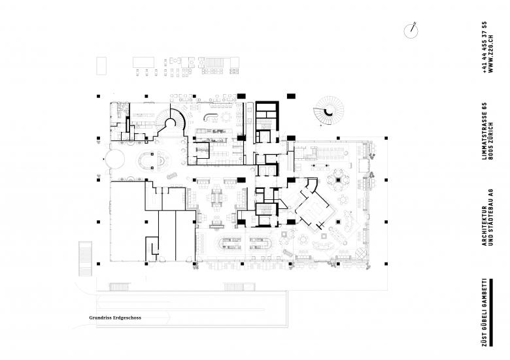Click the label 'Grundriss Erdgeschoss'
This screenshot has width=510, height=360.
point(115,318)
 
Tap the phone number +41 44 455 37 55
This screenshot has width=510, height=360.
point(484,48)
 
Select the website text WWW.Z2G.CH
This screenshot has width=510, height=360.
point(491,54)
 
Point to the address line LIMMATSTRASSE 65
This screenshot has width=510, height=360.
point(484,131)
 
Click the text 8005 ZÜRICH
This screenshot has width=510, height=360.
point(491,141)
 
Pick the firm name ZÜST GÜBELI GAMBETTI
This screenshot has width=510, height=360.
point(484,312)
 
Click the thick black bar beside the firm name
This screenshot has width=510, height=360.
point(491,312)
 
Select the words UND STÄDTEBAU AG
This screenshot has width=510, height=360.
point(491,218)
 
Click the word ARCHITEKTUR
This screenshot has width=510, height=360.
point(484,226)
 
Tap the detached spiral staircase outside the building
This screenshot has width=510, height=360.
point(329,110)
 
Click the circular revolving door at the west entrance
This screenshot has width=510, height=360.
point(114,159)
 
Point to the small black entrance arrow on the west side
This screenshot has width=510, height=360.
point(104,159)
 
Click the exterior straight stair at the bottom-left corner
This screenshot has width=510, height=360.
point(86,259)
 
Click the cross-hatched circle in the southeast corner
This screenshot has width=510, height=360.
point(361,252)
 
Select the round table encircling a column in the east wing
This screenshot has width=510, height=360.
point(338,180)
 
